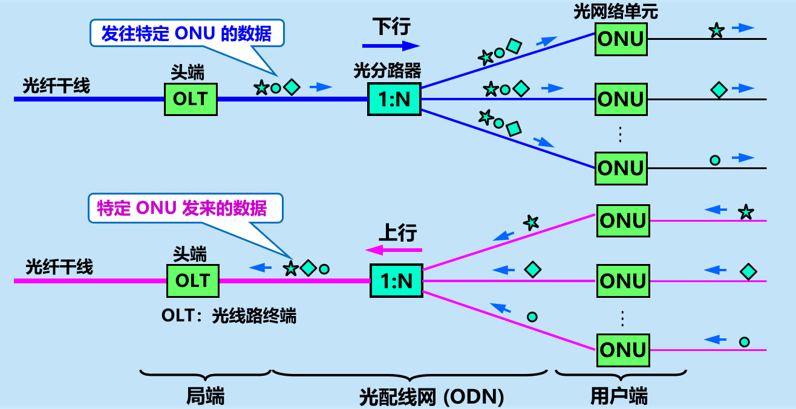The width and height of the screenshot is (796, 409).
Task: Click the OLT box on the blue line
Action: tap(191, 99)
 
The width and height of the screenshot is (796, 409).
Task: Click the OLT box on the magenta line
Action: tap(193, 281)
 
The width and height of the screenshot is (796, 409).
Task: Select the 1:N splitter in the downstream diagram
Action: tap(394, 99)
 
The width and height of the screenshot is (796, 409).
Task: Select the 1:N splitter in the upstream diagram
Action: tap(396, 281)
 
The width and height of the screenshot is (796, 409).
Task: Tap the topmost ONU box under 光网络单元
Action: tap(621, 39)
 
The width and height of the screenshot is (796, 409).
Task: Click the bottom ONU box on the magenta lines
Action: tap(623, 350)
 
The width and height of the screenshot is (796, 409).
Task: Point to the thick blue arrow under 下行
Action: tap(391, 45)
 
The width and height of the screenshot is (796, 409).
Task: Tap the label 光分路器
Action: tap(388, 72)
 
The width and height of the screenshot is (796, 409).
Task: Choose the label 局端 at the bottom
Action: tap(205, 397)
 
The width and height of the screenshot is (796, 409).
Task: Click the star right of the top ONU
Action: tap(716, 30)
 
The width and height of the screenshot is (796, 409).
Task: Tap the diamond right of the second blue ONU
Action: tap(719, 90)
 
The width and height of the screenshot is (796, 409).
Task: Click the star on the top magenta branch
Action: tap(530, 222)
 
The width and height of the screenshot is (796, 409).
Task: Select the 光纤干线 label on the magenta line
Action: tap(59, 267)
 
